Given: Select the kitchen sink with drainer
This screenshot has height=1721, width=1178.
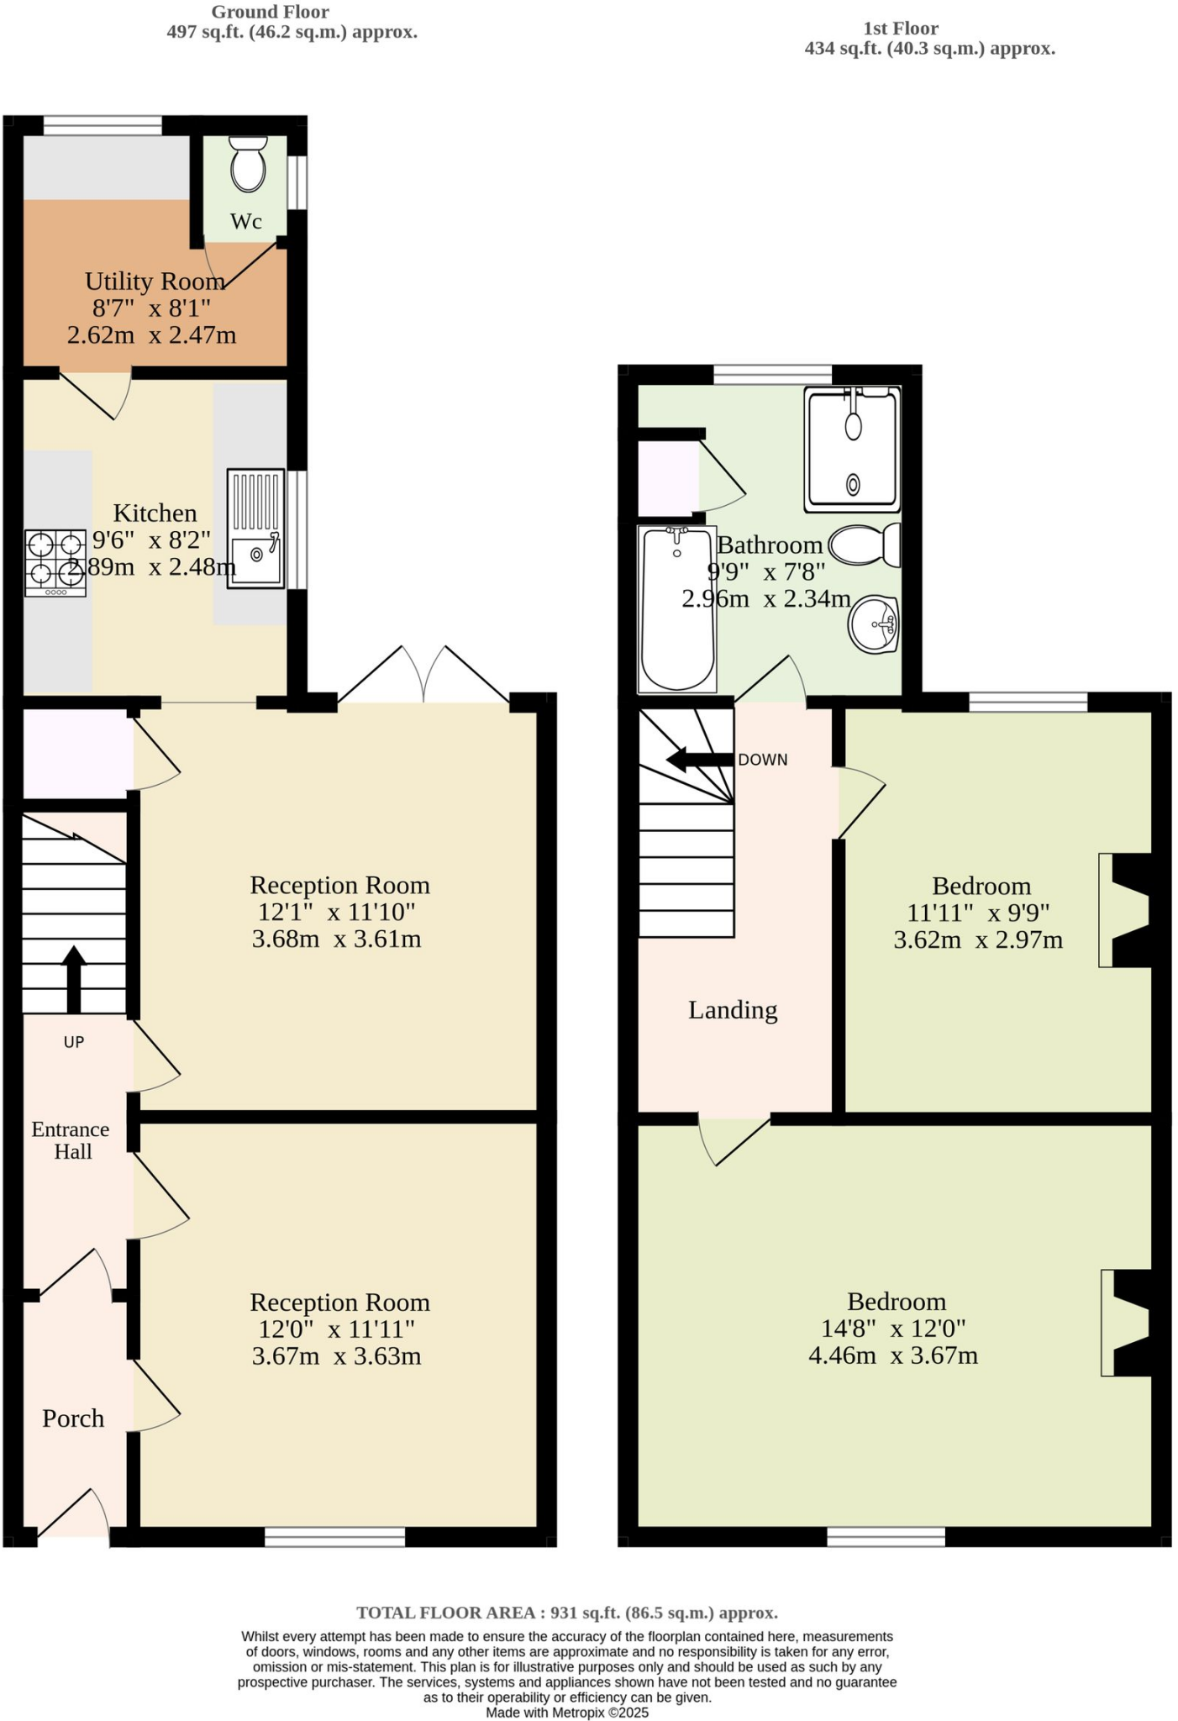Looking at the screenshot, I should click(x=255, y=529).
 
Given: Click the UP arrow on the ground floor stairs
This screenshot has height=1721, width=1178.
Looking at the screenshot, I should click(x=74, y=978).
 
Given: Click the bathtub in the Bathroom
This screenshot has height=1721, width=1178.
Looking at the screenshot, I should click(x=677, y=609).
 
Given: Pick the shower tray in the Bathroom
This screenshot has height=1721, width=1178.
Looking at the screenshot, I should click(x=852, y=449).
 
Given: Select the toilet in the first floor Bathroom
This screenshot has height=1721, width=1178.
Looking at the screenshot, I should click(x=865, y=545).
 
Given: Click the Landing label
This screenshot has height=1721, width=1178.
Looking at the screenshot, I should click(x=733, y=1010).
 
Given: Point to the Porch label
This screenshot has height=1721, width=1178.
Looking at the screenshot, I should click(x=73, y=1418).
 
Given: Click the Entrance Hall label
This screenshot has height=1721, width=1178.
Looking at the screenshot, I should click(x=71, y=1140).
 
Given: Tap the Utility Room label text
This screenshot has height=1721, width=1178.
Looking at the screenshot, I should click(x=155, y=281).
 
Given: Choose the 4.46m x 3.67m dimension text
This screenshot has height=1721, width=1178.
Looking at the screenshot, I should click(x=893, y=1355).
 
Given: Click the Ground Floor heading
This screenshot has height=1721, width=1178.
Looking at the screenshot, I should click(x=270, y=12).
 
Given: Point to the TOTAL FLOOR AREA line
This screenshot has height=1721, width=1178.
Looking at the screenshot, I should click(x=567, y=1613).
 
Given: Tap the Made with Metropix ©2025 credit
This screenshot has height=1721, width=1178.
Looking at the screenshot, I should click(x=567, y=1713).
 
